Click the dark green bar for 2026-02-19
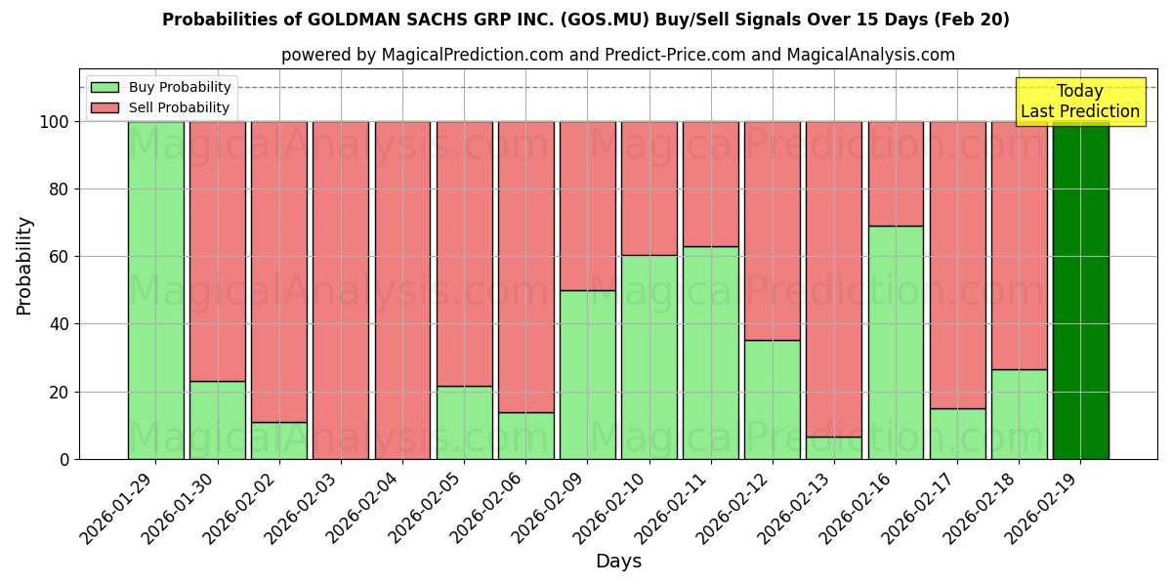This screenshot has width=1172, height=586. (1080, 290)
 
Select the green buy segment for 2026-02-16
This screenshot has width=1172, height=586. (896, 342)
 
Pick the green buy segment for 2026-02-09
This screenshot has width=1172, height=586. (587, 374)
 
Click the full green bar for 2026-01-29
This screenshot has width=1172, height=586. (155, 290)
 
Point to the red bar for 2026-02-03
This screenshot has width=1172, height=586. (341, 290)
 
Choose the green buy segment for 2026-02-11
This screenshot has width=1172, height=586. (711, 353)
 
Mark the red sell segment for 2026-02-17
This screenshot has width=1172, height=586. (957, 265)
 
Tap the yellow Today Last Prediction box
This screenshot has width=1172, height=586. (1079, 102)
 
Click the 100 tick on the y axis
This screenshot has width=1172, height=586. (56, 122)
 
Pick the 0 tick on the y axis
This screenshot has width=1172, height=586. (64, 459)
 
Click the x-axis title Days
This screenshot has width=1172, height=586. (618, 562)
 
